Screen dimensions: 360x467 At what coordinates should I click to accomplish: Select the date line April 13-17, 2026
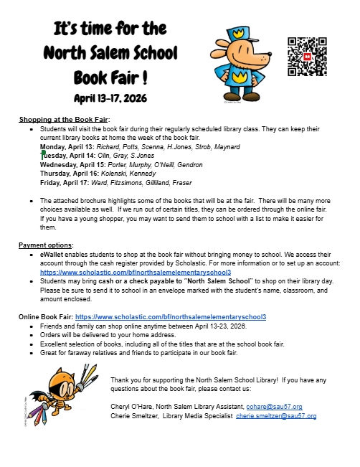tap(110, 97)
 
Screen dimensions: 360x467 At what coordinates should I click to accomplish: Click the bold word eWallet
tap(52, 254)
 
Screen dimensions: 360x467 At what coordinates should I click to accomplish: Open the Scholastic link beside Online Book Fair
tap(171, 316)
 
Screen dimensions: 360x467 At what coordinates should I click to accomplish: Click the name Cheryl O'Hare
tap(131, 406)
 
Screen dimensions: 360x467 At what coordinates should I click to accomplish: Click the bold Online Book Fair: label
tap(45, 316)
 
